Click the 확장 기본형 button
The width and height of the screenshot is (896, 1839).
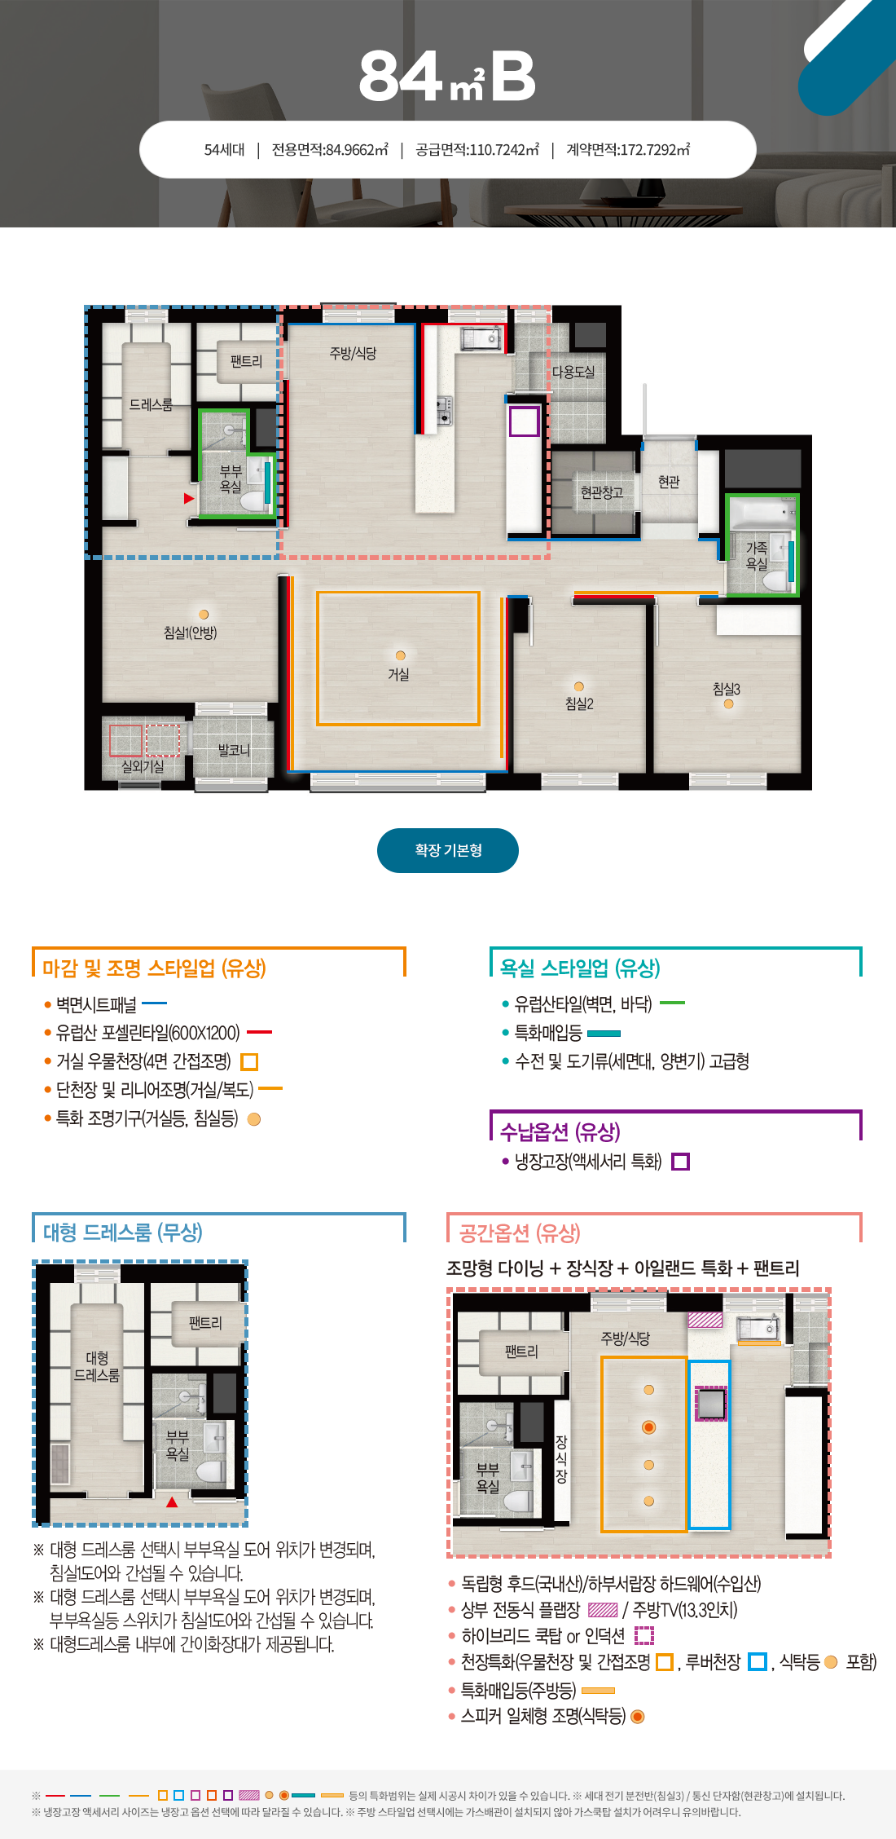click(448, 850)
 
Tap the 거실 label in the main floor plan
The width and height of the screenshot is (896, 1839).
click(398, 674)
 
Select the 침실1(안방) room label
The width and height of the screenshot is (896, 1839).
click(190, 633)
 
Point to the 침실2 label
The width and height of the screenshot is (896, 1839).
click(579, 703)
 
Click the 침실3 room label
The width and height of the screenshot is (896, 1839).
click(727, 689)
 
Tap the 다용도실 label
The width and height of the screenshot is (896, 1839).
click(573, 372)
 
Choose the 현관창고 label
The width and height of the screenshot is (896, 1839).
click(601, 492)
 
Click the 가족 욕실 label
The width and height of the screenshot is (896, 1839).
click(757, 555)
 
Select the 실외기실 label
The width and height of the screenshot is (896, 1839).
click(143, 766)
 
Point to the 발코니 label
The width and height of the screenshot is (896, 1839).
click(234, 750)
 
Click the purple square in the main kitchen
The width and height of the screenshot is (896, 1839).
click(525, 421)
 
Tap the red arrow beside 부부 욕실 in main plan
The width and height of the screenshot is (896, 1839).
click(189, 498)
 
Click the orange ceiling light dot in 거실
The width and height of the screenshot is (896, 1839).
click(400, 655)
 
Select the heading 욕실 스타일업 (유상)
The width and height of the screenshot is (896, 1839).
click(580, 968)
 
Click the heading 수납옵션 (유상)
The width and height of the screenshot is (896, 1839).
click(560, 1131)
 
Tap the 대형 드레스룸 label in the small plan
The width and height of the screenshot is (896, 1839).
click(97, 1366)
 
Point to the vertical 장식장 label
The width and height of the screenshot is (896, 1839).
click(561, 1458)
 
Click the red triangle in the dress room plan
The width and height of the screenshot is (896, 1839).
click(172, 1502)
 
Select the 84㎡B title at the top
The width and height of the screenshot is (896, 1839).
click(447, 77)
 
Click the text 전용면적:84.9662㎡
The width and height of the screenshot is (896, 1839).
click(330, 150)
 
